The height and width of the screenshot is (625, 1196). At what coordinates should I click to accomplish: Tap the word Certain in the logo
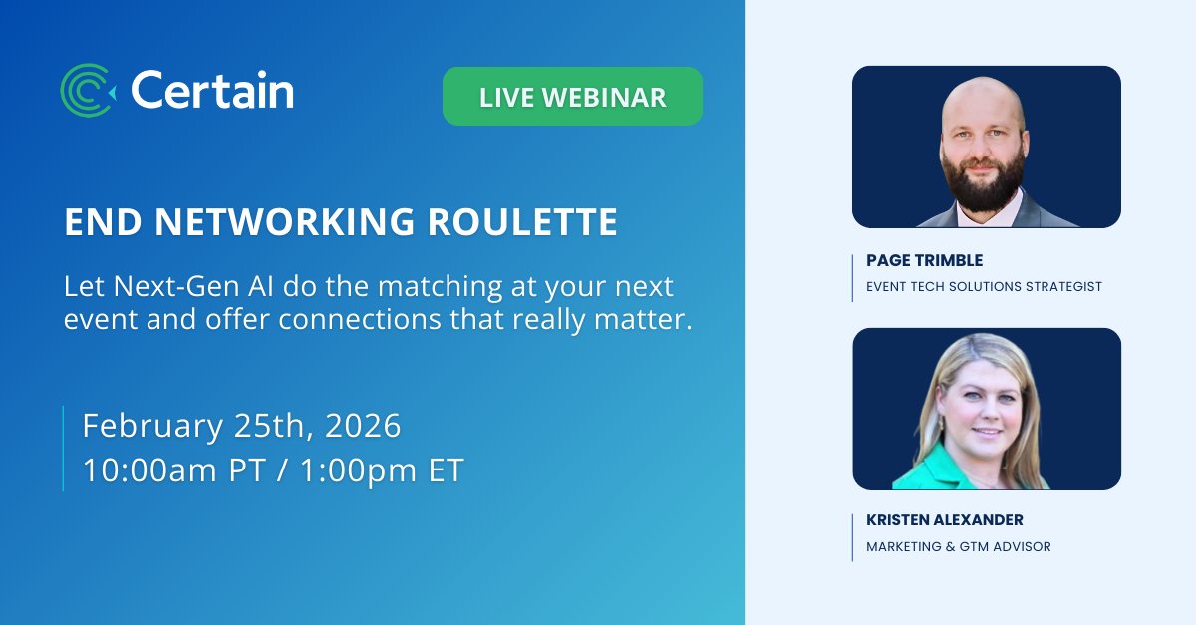pyautogui.click(x=211, y=92)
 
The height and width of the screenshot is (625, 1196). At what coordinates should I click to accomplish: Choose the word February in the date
pyautogui.click(x=151, y=426)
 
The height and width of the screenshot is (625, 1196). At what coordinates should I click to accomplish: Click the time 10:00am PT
pyautogui.click(x=173, y=470)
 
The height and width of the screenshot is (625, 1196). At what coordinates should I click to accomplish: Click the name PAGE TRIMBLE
pyautogui.click(x=924, y=260)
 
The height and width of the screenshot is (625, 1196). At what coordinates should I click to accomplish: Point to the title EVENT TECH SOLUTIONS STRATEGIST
pyautogui.click(x=984, y=286)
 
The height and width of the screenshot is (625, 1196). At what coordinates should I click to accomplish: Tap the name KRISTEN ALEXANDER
pyautogui.click(x=945, y=520)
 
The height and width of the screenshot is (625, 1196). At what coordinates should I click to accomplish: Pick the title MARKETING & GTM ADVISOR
pyautogui.click(x=958, y=546)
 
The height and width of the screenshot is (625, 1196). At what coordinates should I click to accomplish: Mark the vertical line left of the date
pyautogui.click(x=63, y=448)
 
